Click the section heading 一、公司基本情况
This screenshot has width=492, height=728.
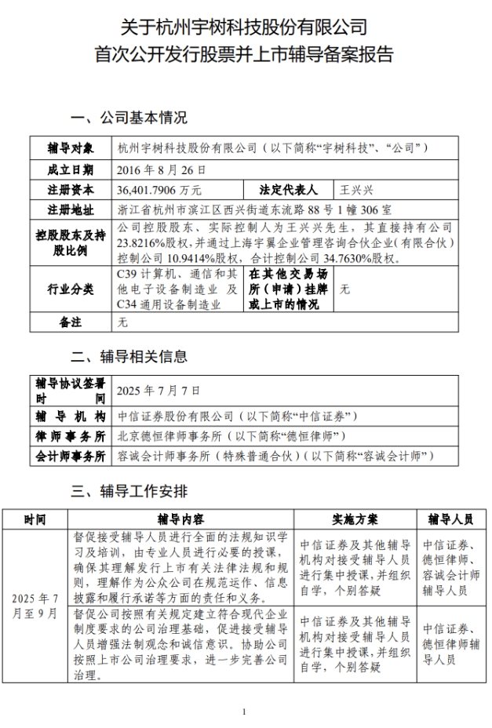(x=129, y=119)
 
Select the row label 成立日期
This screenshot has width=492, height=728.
(x=70, y=169)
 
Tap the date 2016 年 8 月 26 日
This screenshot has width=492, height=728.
(x=161, y=169)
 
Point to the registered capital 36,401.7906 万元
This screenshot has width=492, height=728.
(x=159, y=190)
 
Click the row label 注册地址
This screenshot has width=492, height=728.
(x=70, y=210)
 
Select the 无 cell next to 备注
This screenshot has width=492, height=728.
(x=122, y=322)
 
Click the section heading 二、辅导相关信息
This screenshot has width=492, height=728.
(x=129, y=356)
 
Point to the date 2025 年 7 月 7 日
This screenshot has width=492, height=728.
(x=158, y=389)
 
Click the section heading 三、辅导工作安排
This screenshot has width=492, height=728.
(x=129, y=492)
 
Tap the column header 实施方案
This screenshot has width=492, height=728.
(x=351, y=519)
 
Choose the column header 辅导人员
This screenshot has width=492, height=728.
(x=450, y=519)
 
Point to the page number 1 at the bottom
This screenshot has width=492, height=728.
(x=245, y=712)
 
